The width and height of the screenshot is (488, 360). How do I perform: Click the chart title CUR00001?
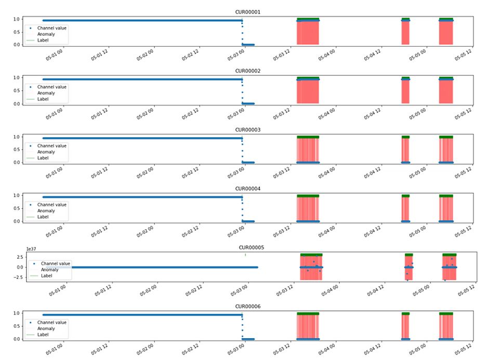(244, 12)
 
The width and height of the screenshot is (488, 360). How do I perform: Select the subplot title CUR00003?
(244, 130)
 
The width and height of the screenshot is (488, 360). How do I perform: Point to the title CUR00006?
(244, 306)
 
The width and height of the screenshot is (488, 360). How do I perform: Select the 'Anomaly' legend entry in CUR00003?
(46, 152)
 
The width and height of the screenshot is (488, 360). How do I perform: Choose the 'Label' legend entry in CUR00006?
(43, 335)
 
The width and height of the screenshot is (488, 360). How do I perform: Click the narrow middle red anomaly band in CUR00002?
(405, 91)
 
